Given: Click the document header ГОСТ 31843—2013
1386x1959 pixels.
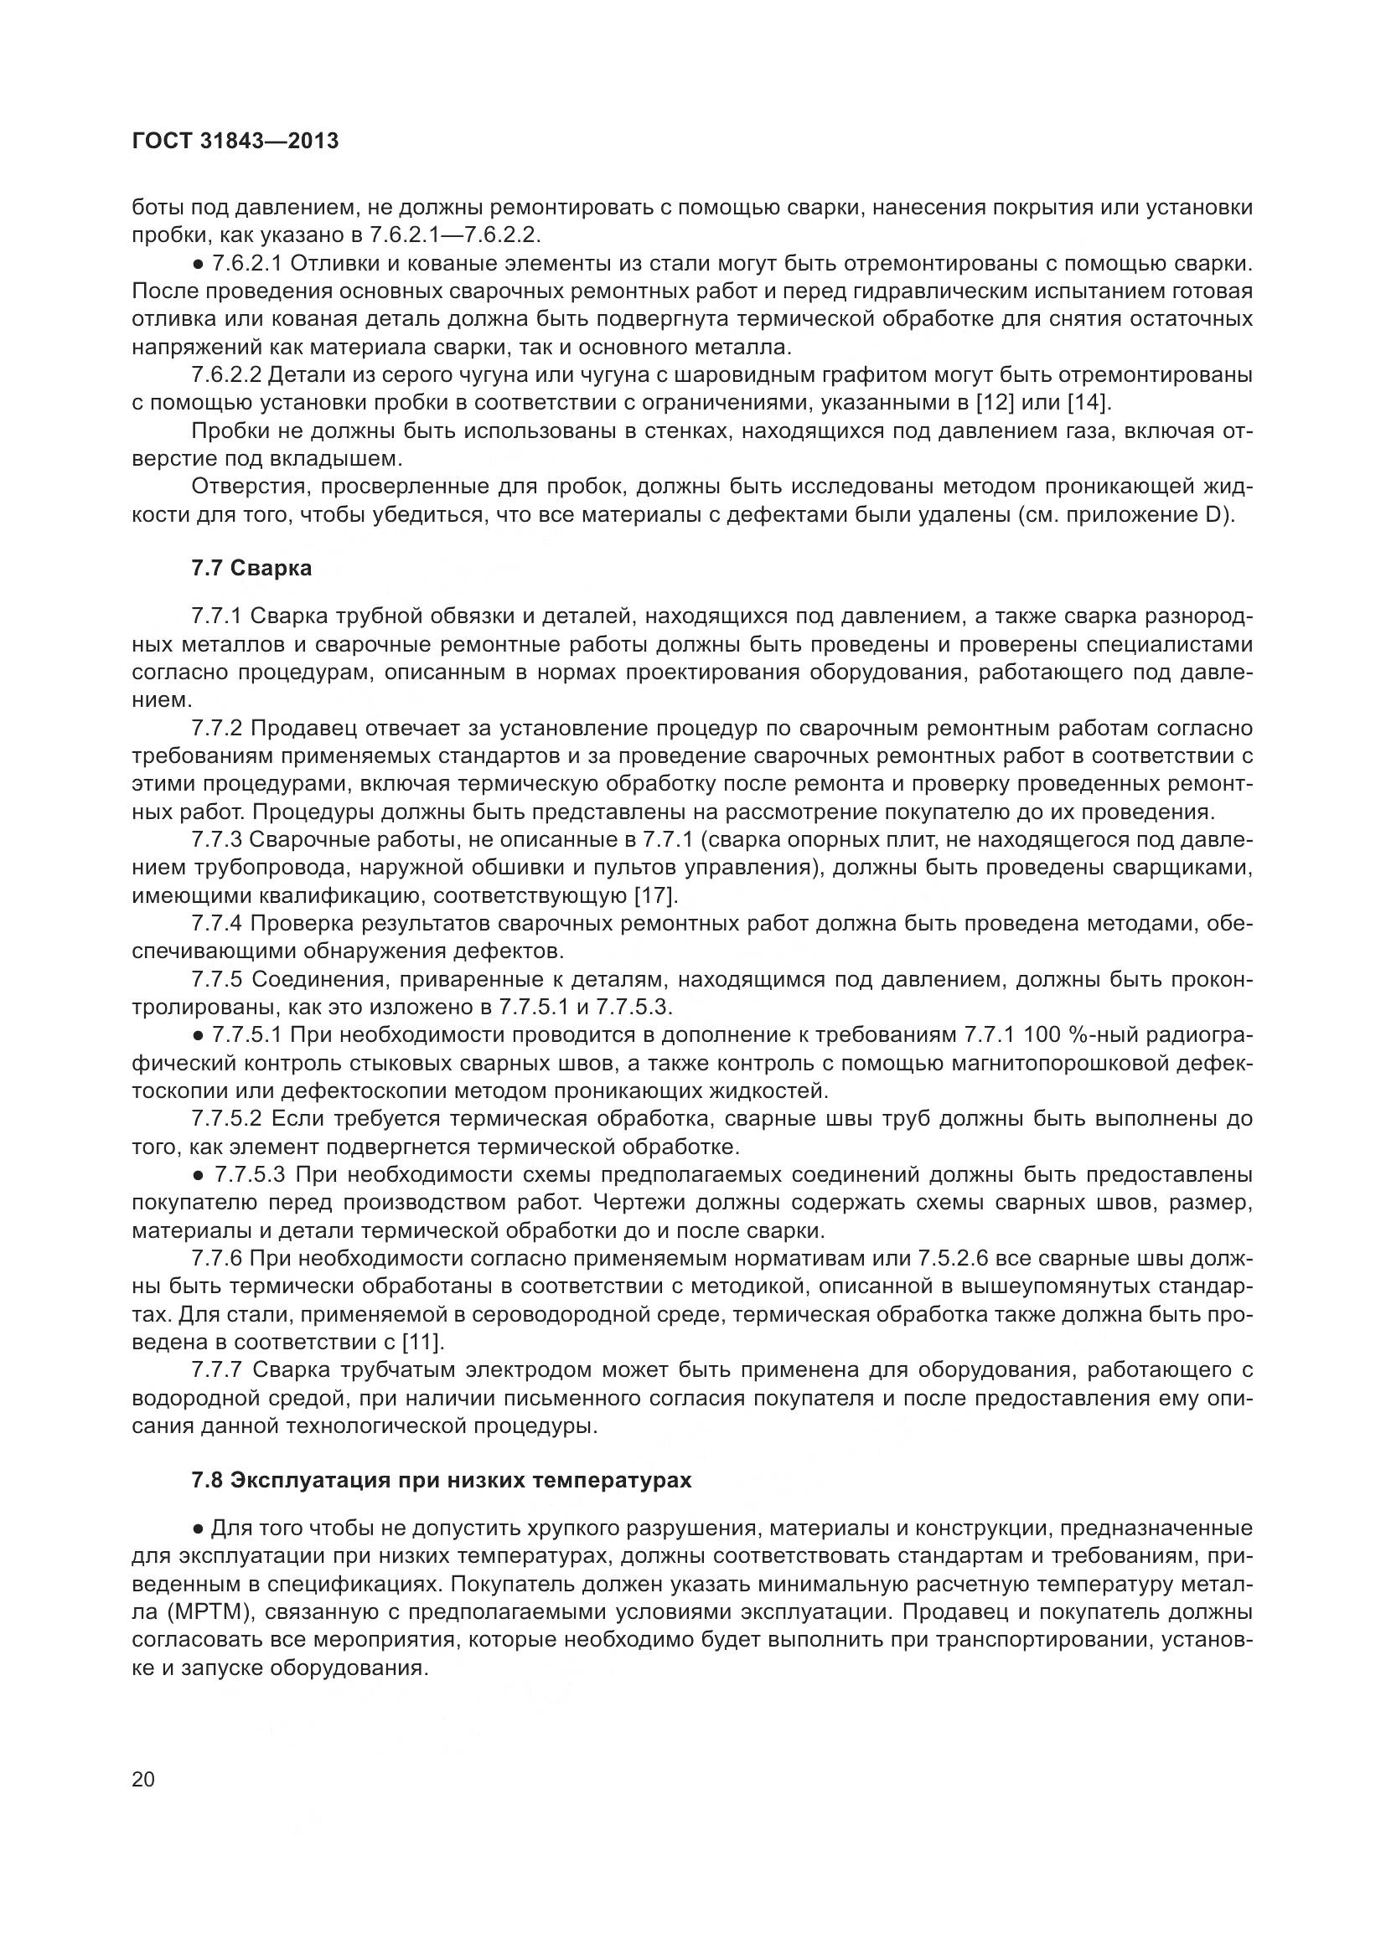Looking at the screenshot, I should (x=235, y=142).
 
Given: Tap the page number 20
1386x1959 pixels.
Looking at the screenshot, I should (x=143, y=1780).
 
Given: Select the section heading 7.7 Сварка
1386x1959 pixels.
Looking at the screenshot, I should (x=251, y=568).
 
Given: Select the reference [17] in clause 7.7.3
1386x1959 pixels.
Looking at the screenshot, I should (x=654, y=897).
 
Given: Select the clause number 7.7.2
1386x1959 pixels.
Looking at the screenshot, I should (x=218, y=729).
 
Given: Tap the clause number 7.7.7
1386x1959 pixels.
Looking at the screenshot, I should (x=218, y=1370).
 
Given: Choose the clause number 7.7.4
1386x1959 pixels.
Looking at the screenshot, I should (x=218, y=924).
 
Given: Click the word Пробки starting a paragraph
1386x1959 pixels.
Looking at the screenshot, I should (x=226, y=430).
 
